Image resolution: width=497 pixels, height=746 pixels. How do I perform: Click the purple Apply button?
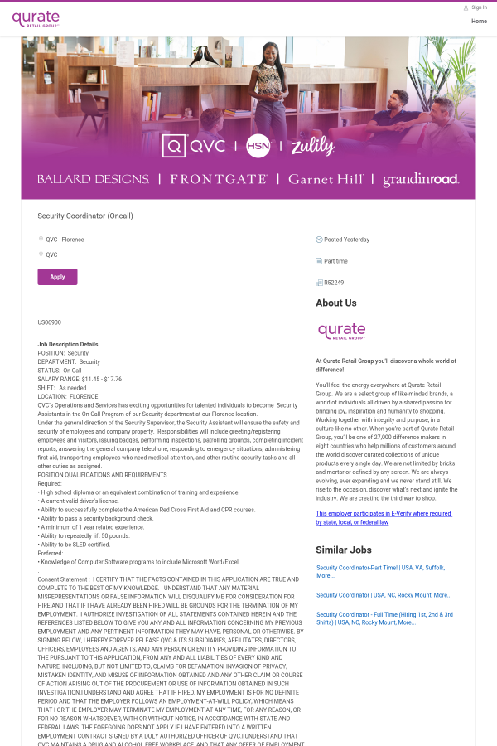coord(57,277)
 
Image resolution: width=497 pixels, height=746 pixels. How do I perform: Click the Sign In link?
coord(479,7)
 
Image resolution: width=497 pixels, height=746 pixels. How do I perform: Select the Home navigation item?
coord(479,21)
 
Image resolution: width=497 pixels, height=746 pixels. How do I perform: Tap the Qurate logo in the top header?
coord(36,18)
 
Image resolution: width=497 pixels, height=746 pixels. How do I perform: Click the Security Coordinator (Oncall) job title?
coord(85,216)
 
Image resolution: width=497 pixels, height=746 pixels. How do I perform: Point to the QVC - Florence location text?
coord(65,240)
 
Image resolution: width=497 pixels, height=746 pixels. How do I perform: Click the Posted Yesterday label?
coord(346,240)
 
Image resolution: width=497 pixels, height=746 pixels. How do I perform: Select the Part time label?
coord(335,261)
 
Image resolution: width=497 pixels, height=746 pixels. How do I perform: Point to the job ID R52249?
coord(335,283)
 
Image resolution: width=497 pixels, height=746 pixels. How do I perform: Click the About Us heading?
coord(336,303)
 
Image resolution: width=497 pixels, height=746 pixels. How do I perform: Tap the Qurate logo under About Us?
coord(341,332)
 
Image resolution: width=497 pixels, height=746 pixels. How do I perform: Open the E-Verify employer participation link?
coord(383,518)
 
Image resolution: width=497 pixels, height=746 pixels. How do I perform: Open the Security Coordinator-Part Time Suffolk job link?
coord(380,571)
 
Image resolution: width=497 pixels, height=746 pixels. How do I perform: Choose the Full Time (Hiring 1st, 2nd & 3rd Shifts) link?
coord(384,618)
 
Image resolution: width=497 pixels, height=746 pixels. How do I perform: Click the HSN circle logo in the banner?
coord(258,145)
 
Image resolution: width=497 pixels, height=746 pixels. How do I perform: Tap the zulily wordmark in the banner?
coord(312,147)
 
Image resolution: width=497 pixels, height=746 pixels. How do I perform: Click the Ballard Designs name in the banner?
coord(93,179)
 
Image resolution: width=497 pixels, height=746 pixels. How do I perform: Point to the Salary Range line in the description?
coord(80,379)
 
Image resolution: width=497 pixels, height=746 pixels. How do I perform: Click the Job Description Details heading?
coord(68,344)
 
